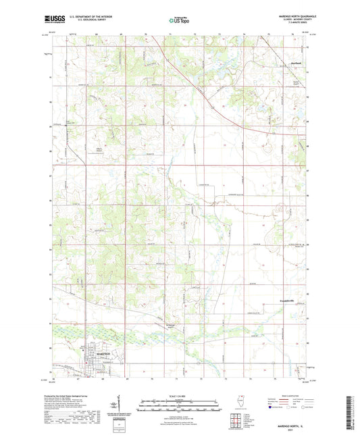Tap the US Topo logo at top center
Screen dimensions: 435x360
click(x=179, y=20)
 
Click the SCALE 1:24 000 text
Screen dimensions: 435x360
click(x=179, y=395)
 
